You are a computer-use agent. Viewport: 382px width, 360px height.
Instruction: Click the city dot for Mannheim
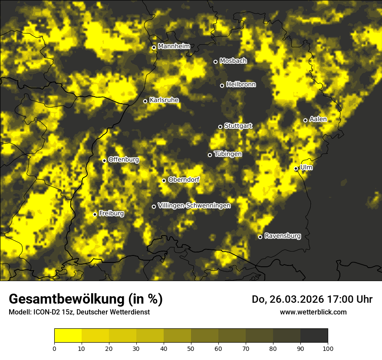pos(154,48)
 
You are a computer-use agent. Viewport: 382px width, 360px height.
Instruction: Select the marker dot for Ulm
pos(296,168)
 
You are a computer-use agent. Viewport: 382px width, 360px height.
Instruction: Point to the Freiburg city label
pos(111,214)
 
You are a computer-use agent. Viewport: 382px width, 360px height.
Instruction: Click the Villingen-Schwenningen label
pos(194,206)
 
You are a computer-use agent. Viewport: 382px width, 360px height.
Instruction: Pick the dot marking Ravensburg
pos(260,237)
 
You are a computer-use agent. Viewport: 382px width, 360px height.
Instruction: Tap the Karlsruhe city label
pos(164,100)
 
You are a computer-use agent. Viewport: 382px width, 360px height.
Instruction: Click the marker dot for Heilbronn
pos(222,85)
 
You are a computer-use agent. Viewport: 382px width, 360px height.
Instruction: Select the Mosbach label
pos(233,61)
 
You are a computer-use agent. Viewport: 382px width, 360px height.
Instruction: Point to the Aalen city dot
pos(305,120)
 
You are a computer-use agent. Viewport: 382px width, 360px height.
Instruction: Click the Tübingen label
pos(228,154)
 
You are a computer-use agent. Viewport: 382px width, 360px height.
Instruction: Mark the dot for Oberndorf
pos(164,180)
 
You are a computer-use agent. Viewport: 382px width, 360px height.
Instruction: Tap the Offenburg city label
pos(124,160)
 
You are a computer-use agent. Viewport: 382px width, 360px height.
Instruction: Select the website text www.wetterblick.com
pos(313,312)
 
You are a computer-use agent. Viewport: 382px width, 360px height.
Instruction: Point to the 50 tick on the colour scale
pos(191,348)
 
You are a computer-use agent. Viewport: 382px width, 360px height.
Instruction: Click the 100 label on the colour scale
pos(328,348)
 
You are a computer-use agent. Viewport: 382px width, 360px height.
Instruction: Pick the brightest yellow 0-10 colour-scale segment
pos(68,336)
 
